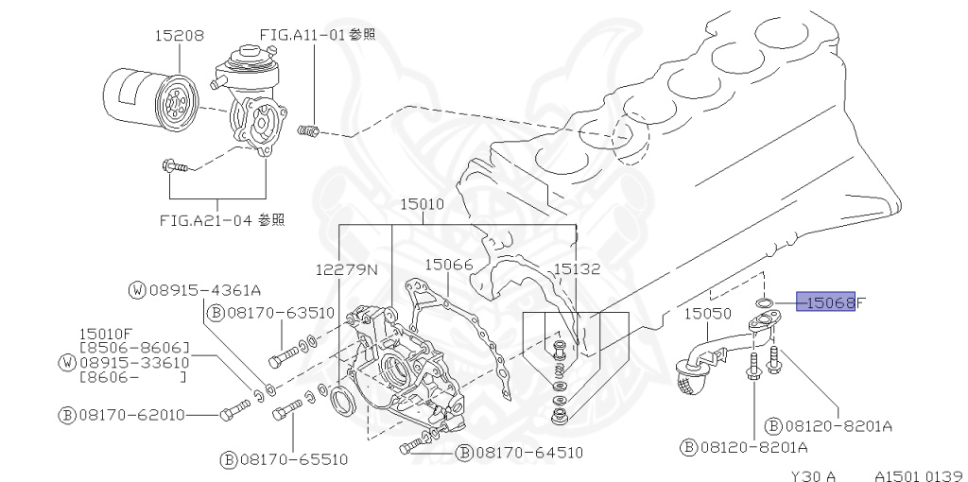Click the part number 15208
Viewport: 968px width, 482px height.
click(x=179, y=37)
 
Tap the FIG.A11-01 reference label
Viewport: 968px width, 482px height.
click(x=318, y=34)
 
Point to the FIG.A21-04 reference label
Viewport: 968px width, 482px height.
click(x=222, y=220)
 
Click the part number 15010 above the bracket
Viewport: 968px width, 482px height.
click(x=422, y=203)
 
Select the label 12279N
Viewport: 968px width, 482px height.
click(x=346, y=269)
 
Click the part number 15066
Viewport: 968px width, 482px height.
click(x=448, y=266)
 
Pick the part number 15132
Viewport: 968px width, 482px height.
click(x=577, y=269)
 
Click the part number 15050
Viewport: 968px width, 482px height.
click(x=709, y=313)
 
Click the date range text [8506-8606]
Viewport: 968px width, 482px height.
click(x=134, y=347)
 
